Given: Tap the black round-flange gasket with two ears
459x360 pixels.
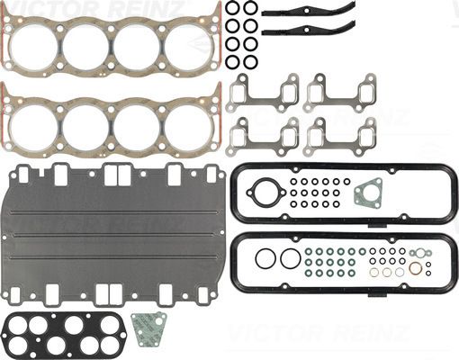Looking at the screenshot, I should pyautogui.click(x=263, y=194).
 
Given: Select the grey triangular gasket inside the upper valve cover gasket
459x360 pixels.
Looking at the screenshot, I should pyautogui.click(x=367, y=194).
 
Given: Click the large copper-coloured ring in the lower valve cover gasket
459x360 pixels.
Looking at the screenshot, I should pyautogui.click(x=415, y=268).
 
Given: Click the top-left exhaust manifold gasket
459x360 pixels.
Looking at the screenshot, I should pyautogui.click(x=263, y=92).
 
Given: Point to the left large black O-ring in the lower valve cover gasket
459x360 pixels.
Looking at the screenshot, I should pyautogui.click(x=264, y=259).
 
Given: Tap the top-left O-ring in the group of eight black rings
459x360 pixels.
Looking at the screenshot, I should pyautogui.click(x=232, y=9).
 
